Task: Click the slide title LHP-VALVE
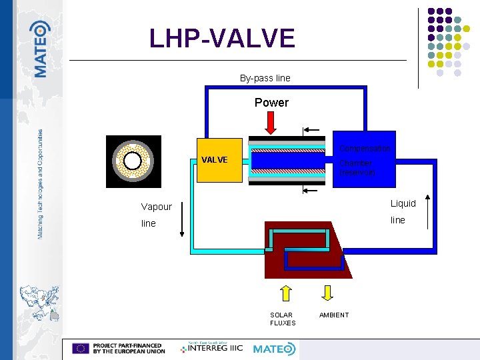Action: [x=222, y=39]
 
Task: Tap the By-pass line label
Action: [x=265, y=78]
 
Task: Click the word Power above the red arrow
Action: [x=271, y=103]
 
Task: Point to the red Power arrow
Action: [x=271, y=121]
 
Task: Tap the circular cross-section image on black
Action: [x=133, y=161]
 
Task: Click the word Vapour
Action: [x=156, y=207]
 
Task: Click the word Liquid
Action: [x=403, y=203]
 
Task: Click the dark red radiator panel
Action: [x=303, y=250]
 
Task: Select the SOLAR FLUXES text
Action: [x=283, y=319]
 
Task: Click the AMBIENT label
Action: [x=334, y=315]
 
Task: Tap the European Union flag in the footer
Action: [x=81, y=348]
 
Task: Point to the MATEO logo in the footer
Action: [x=273, y=349]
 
